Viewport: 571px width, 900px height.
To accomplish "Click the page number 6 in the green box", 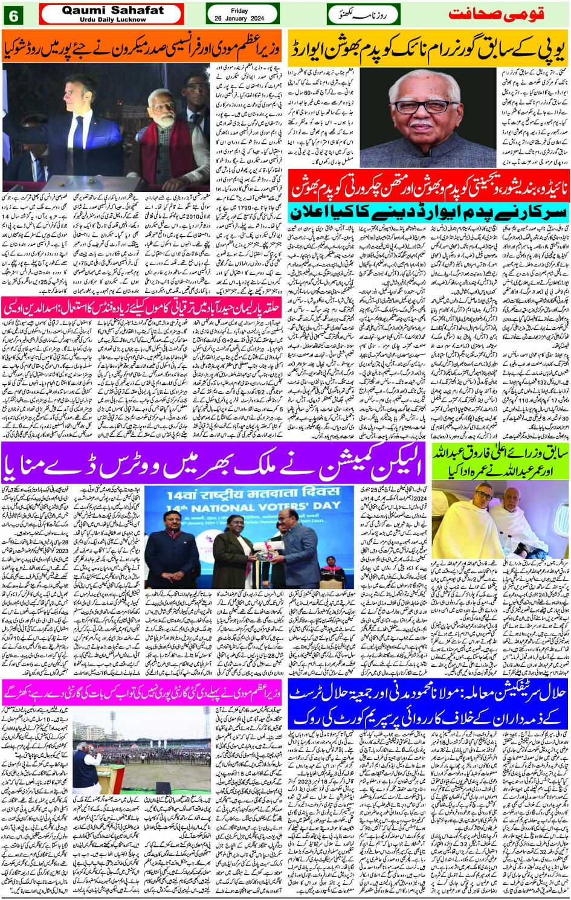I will coord(13,15).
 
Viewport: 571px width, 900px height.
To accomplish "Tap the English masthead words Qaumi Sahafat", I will coord(113,10).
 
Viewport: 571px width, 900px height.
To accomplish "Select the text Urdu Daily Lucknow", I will coord(113,19).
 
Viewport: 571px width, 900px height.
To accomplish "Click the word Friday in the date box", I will coord(239,11).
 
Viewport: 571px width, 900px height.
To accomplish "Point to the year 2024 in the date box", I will coord(257,19).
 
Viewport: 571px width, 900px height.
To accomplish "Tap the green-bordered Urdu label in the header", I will coord(363,14).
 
